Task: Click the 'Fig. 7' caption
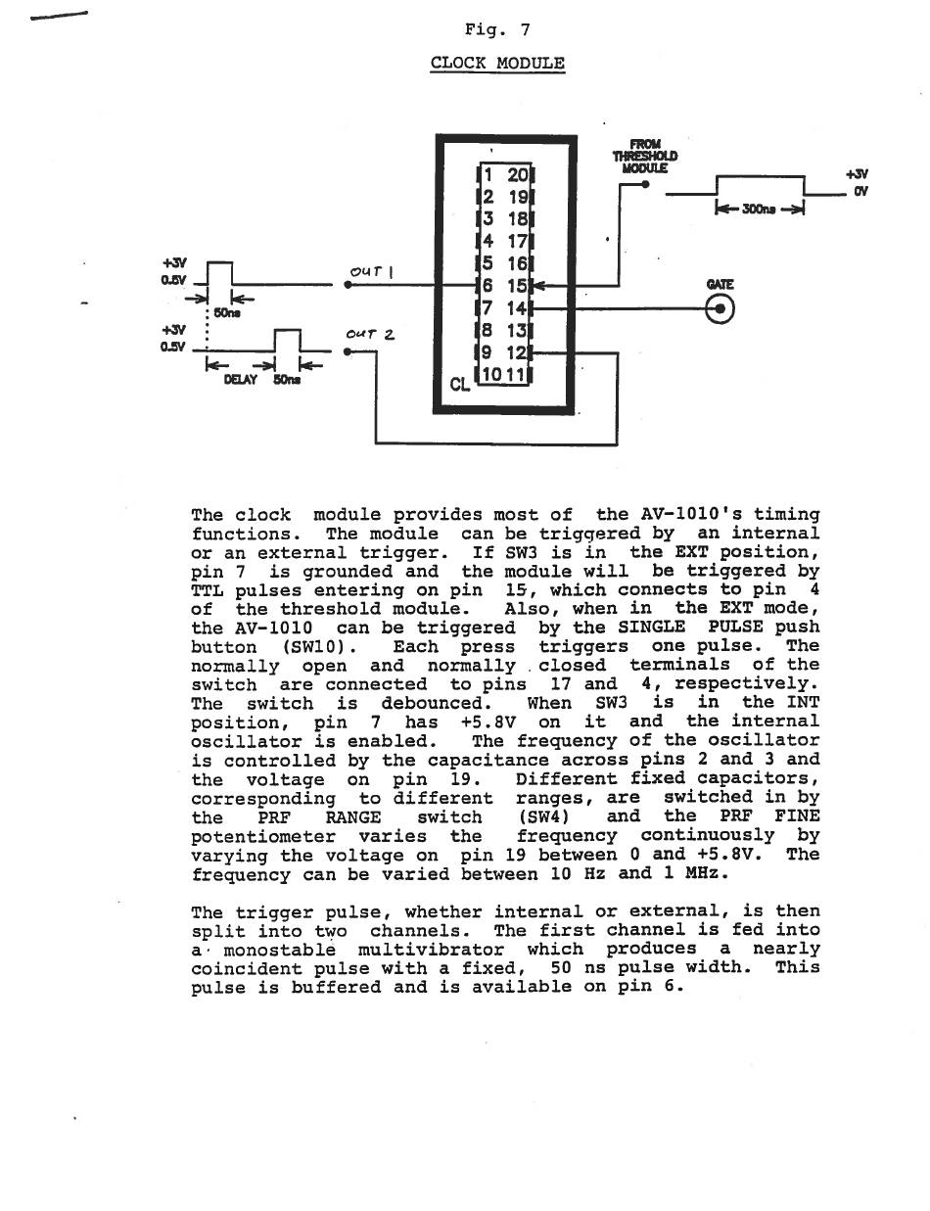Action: pos(497,29)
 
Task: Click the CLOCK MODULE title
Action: pos(497,64)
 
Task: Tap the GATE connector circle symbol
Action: pos(721,309)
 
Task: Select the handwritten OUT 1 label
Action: pos(371,271)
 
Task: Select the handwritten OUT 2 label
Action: pos(370,334)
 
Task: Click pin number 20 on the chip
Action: pos(517,175)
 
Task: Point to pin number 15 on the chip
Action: pos(517,286)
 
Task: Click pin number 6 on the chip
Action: pos(486,286)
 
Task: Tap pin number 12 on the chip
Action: pos(517,352)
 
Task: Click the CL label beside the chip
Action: pos(460,385)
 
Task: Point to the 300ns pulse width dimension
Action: pos(759,209)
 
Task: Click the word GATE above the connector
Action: pos(720,285)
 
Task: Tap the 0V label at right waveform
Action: pos(860,191)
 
